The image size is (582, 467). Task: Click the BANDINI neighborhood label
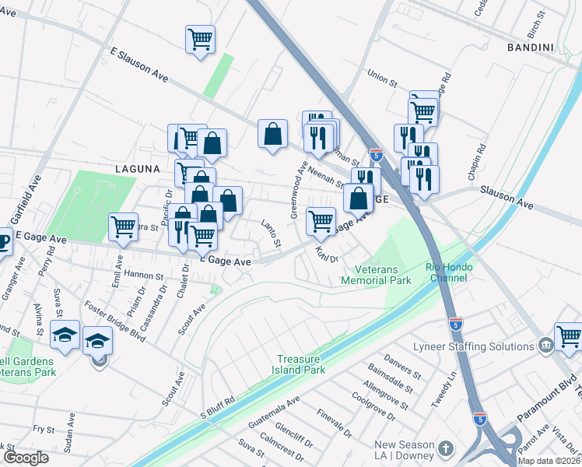(529, 47)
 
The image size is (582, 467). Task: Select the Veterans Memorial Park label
(377, 273)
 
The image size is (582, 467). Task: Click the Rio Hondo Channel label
(456, 273)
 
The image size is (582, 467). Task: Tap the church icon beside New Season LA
(445, 448)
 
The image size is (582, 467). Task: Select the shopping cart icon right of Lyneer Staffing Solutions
(569, 335)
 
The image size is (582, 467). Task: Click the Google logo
(26, 457)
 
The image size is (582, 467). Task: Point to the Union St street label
(382, 78)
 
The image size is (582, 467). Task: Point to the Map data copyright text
(549, 461)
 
